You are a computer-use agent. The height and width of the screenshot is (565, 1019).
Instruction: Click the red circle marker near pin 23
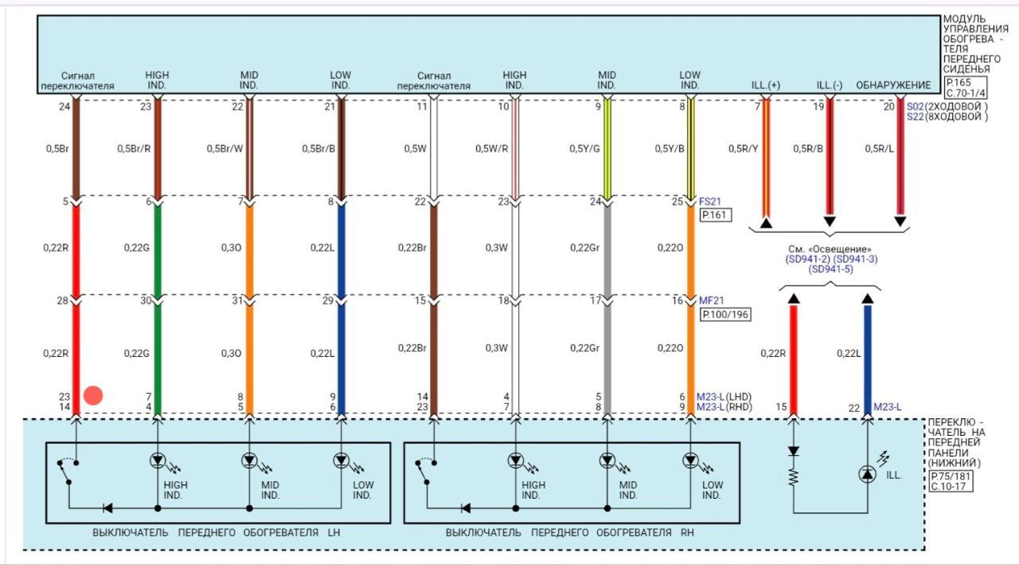pyautogui.click(x=93, y=395)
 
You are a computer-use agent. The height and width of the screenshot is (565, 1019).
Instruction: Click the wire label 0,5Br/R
pyautogui.click(x=134, y=149)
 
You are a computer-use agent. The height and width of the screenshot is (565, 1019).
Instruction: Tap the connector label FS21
pyautogui.click(x=710, y=202)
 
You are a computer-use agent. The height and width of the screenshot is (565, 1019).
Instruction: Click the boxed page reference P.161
pyautogui.click(x=715, y=215)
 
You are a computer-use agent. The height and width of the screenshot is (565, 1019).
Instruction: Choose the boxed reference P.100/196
pyautogui.click(x=725, y=315)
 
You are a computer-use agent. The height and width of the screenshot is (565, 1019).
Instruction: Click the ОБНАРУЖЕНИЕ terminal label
pyautogui.click(x=893, y=85)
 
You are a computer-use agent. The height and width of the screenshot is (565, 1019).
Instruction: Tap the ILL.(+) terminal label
pyautogui.click(x=767, y=85)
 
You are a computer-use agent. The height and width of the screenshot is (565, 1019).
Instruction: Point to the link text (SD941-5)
pyautogui.click(x=830, y=269)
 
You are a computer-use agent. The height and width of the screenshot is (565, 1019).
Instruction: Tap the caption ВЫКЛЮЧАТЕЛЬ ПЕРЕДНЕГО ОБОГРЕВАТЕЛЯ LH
pyautogui.click(x=217, y=532)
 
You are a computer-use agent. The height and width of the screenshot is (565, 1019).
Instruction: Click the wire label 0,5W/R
pyautogui.click(x=492, y=149)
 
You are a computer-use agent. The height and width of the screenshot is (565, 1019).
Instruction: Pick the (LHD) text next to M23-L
pyautogui.click(x=739, y=396)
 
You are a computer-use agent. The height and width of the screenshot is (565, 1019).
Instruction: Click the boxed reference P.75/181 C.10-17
pyautogui.click(x=951, y=481)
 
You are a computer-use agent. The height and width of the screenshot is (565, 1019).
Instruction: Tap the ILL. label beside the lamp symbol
pyautogui.click(x=894, y=475)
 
